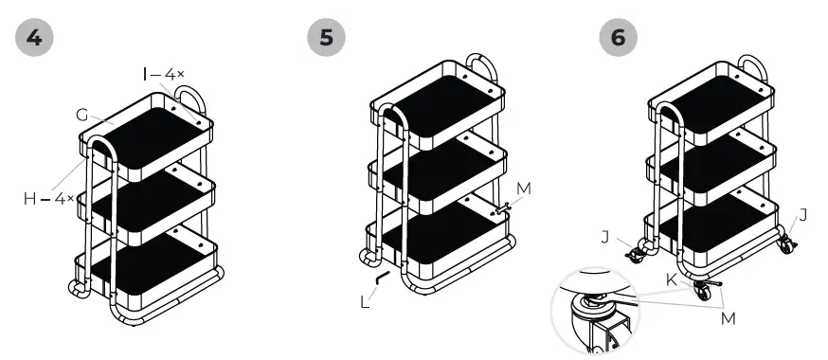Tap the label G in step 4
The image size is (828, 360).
coord(82,115)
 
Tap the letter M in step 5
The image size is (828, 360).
coord(524,188)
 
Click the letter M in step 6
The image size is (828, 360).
coord(728,319)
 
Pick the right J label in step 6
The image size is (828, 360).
coord(802,215)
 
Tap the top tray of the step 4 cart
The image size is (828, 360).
coord(152,137)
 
